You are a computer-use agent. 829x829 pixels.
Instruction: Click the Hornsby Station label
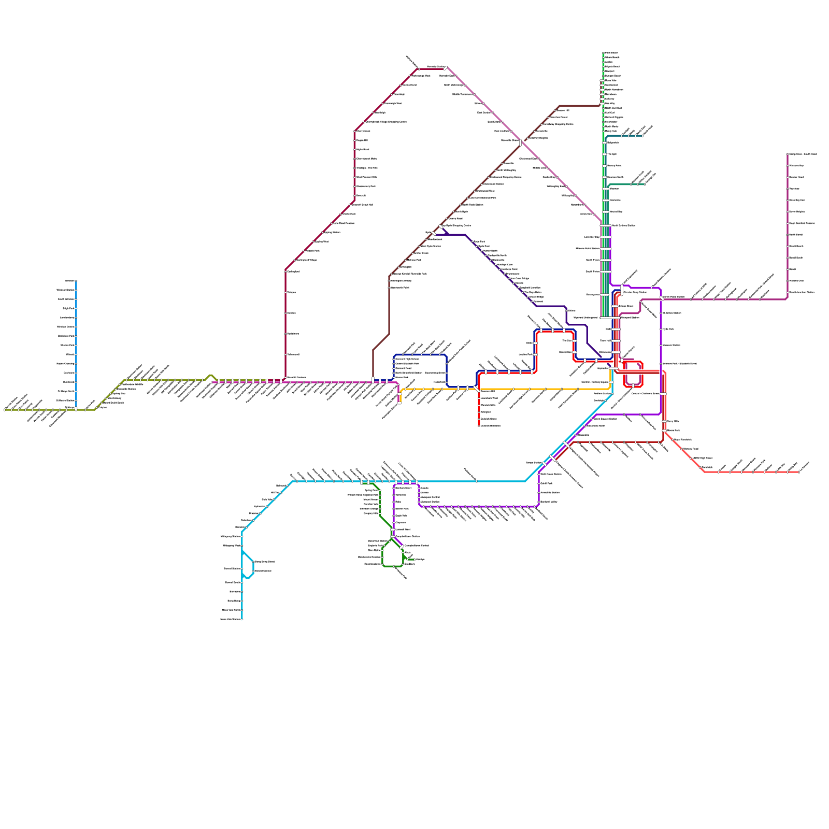(x=435, y=67)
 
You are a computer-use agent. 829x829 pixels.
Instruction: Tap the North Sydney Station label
(x=623, y=225)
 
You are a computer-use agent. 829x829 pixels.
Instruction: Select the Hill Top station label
(x=275, y=493)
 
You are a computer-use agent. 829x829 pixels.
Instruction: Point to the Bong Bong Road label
(x=264, y=562)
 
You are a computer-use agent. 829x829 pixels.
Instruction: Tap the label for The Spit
(x=611, y=154)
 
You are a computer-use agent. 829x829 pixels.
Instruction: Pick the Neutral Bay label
(x=616, y=211)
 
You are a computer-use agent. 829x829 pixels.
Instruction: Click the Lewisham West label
(x=489, y=398)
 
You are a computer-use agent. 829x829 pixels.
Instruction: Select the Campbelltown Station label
(x=407, y=536)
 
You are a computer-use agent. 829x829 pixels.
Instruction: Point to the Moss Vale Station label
(x=231, y=619)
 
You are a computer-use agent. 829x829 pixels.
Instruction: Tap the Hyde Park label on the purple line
(x=668, y=329)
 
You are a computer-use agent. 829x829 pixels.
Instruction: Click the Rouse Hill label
(x=362, y=140)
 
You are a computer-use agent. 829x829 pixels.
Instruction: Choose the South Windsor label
(x=66, y=299)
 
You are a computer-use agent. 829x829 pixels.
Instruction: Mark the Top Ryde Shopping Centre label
(x=457, y=225)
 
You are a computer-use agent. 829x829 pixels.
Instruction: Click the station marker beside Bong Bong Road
(x=253, y=562)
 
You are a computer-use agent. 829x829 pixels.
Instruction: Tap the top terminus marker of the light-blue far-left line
(x=76, y=281)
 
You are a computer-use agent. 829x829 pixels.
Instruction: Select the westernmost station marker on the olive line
(x=5, y=410)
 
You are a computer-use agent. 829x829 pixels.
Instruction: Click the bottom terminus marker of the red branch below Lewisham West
(x=479, y=425)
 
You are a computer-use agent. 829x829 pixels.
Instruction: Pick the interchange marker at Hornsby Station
(x=446, y=68)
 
